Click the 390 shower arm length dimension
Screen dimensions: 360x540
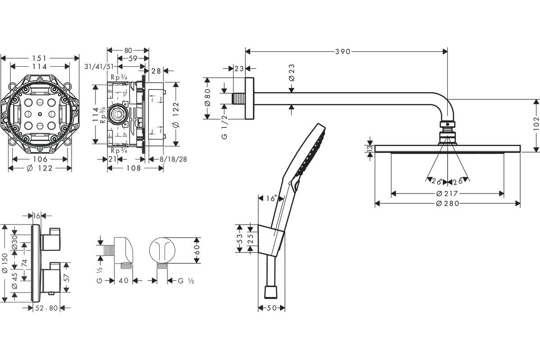[342, 52]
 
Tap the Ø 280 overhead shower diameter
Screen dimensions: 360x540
[447, 203]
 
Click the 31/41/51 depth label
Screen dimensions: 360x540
[99, 66]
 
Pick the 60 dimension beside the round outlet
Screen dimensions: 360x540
[196, 250]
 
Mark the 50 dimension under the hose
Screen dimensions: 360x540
[272, 308]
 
